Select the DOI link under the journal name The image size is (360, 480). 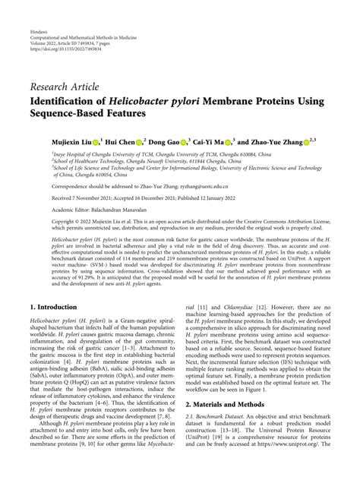(63, 33)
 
